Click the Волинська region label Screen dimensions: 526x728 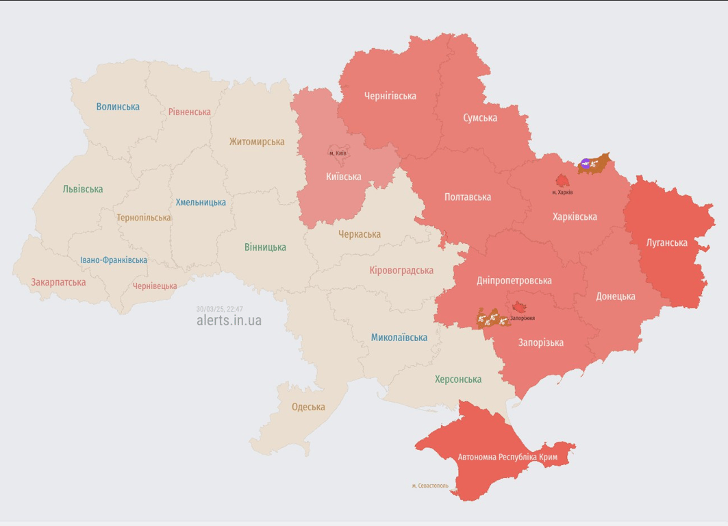coord(118,106)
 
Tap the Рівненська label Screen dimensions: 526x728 coord(190,112)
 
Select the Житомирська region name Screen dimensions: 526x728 coord(257,142)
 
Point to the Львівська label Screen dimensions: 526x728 coord(82,189)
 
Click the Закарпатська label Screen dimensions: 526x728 coord(58,281)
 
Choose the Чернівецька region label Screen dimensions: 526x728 coord(155,286)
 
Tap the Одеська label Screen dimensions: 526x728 coord(308,407)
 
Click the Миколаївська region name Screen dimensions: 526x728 coord(399,337)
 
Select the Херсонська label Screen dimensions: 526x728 coord(457,379)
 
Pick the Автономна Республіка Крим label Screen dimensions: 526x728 coord(507,457)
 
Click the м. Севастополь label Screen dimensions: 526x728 coord(430,486)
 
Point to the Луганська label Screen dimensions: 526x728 coord(667,242)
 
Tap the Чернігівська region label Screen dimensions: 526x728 coord(390,96)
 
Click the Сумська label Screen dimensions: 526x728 coord(480,118)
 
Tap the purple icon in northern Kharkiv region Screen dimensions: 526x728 coord(586,164)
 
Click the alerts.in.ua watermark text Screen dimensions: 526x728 coord(229,320)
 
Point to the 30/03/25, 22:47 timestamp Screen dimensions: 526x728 coord(219,309)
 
